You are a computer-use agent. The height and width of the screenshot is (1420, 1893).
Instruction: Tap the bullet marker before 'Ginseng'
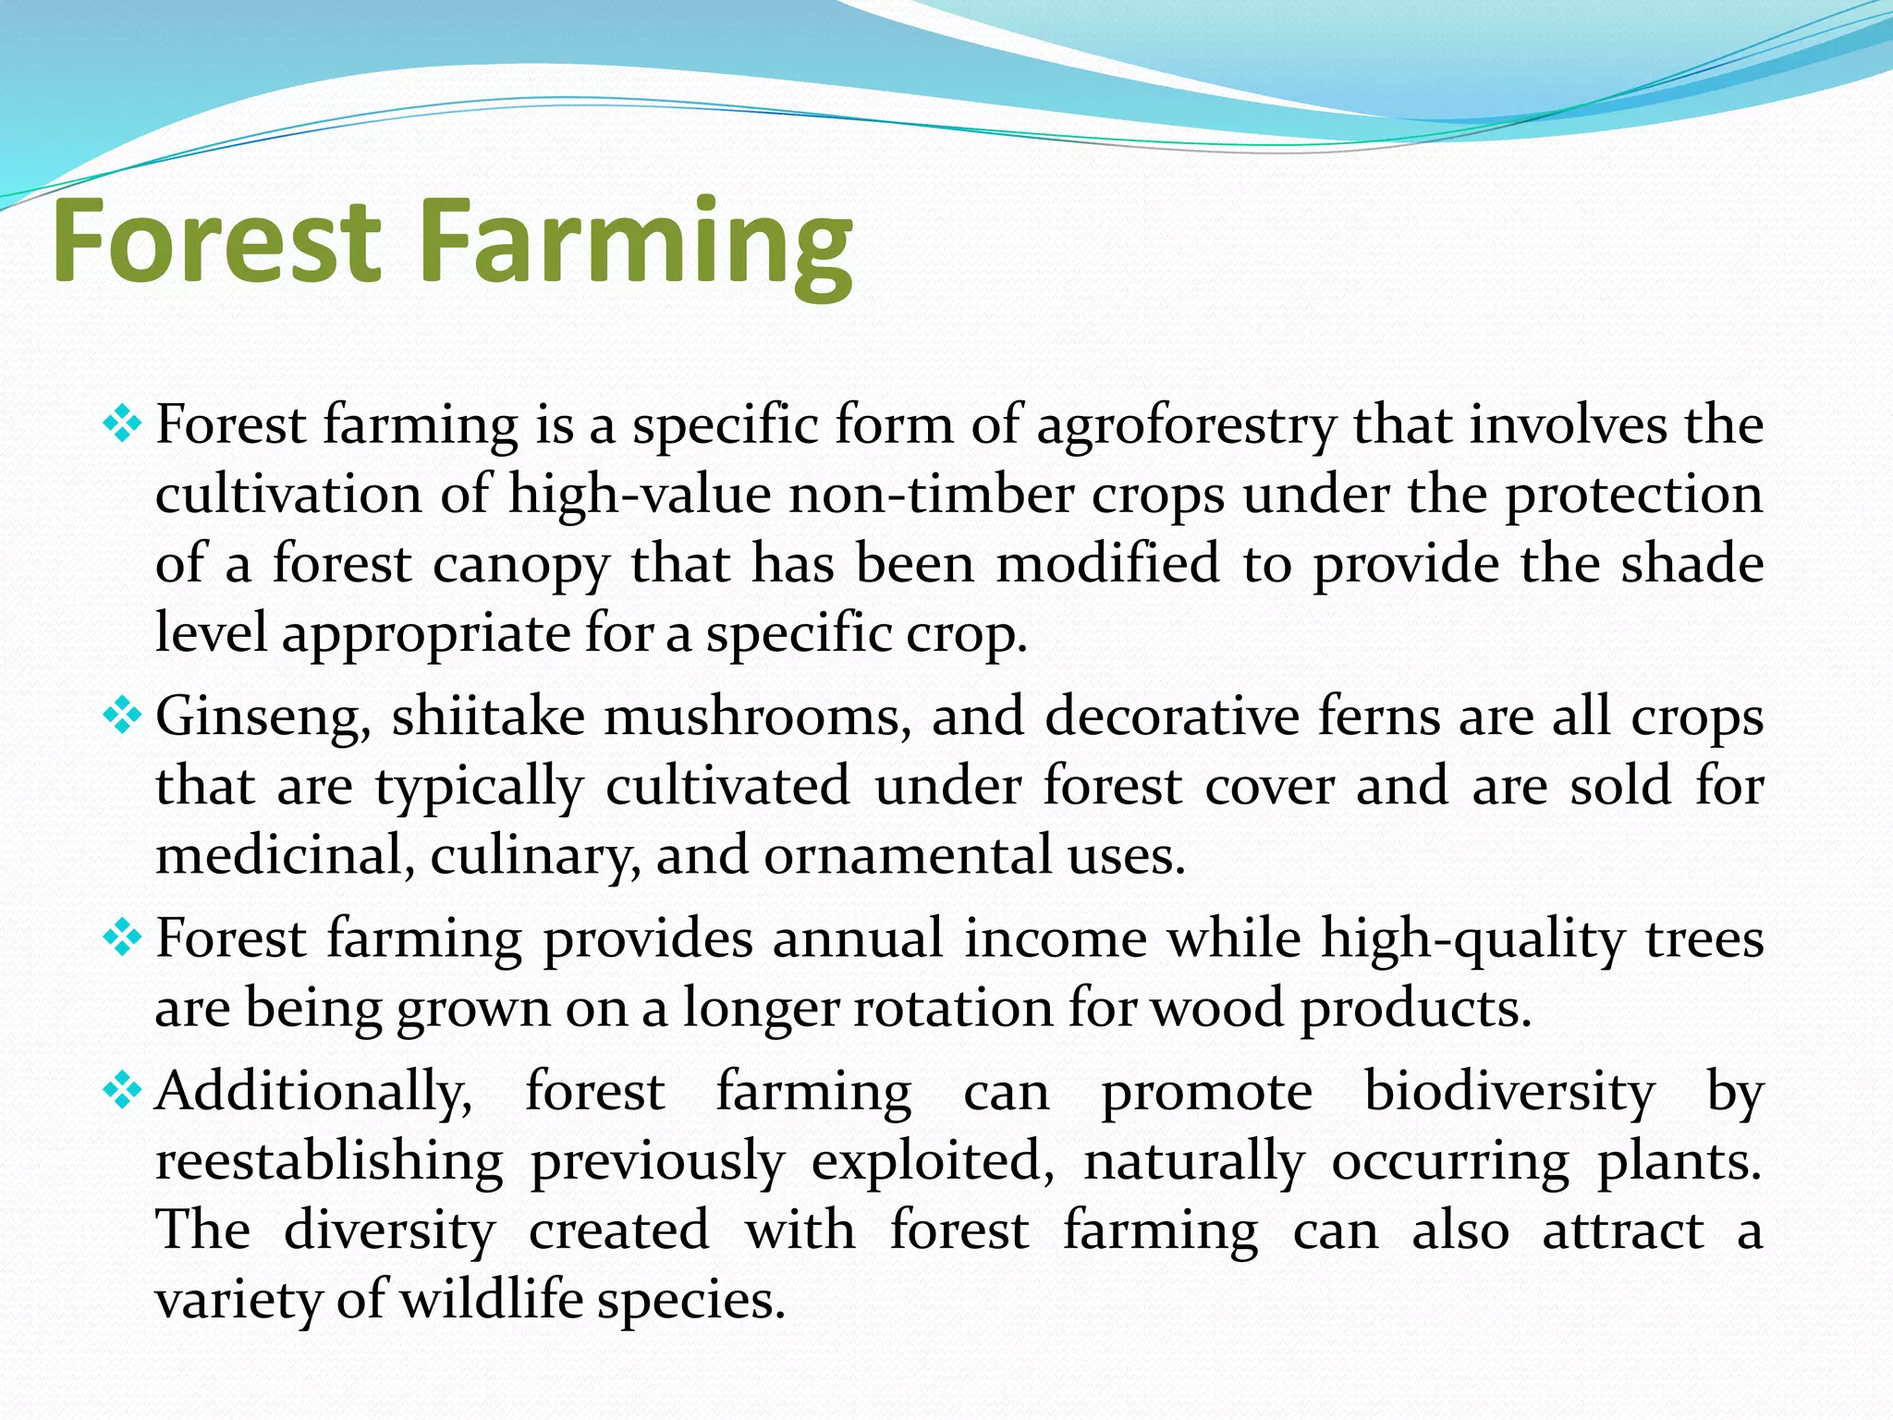[x=122, y=716]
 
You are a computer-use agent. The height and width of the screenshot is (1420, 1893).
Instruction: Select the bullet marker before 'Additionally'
[x=122, y=1092]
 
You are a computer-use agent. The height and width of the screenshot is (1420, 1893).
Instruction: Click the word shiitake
[x=488, y=716]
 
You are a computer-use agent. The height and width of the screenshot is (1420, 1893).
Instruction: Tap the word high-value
[x=640, y=496]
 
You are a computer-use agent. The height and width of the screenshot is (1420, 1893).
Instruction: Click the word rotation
[x=953, y=1009]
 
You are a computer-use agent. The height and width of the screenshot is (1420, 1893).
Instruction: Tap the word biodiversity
[x=1509, y=1093]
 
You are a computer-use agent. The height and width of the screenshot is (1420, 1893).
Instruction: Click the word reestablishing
[x=329, y=1162]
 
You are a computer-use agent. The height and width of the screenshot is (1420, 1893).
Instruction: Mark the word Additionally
[x=313, y=1093]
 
